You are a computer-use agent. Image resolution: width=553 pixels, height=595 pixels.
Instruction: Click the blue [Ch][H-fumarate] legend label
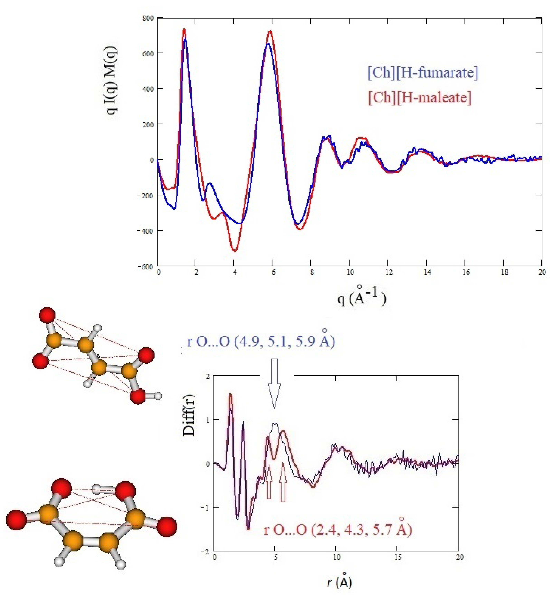tap(423, 73)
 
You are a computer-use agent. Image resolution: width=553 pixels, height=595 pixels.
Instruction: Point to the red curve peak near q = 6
tap(270, 31)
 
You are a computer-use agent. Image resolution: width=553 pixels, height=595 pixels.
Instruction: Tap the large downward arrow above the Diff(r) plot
tap(274, 383)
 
